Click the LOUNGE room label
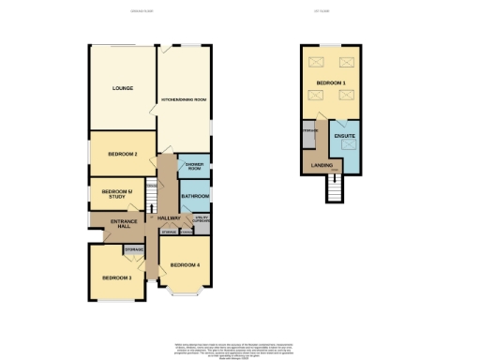coord(122,89)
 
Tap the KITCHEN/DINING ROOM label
coord(184,98)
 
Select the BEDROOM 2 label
coord(122,154)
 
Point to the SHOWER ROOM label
coord(194,166)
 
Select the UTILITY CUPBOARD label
coord(200,221)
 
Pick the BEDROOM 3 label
coord(117,277)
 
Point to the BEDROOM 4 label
coord(184,265)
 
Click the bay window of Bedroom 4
coord(184,293)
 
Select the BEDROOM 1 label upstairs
coord(330,84)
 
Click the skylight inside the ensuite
coord(346,149)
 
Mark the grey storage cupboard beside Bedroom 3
coord(133,248)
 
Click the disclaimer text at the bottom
coord(239,347)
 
